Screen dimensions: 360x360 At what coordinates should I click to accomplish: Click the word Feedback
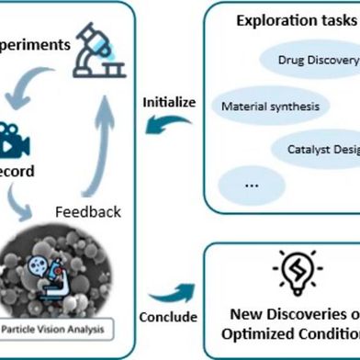[x=86, y=211]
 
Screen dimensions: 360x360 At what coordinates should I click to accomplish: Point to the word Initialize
[x=168, y=101]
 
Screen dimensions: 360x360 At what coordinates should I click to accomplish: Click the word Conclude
[x=167, y=317]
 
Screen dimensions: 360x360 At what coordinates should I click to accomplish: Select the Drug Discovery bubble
[x=317, y=61]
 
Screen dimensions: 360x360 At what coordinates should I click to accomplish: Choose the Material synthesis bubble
[x=270, y=106]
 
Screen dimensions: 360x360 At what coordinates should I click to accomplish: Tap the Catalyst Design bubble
[x=317, y=148]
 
